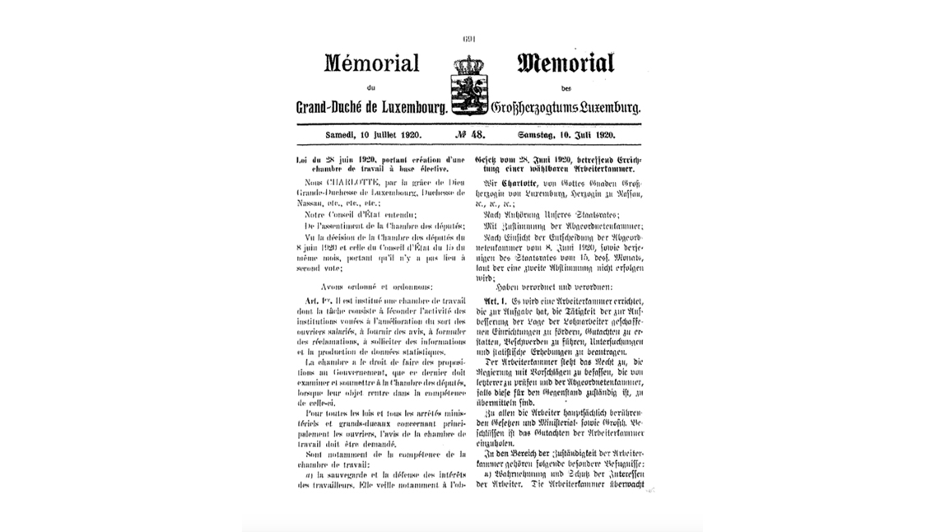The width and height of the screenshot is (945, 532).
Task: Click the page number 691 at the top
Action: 469,38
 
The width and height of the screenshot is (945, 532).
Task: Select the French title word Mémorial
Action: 371,63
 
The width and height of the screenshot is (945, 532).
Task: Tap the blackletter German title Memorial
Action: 566,63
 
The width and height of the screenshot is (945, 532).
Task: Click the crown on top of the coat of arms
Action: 468,65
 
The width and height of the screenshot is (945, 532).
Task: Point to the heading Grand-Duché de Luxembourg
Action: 371,108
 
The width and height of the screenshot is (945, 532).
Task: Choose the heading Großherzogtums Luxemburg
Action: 566,108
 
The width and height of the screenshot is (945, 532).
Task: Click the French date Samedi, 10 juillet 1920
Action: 373,134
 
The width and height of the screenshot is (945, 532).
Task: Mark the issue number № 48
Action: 470,134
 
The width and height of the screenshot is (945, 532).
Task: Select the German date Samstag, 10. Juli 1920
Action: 566,134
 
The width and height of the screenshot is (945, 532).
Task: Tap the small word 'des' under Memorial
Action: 566,88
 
